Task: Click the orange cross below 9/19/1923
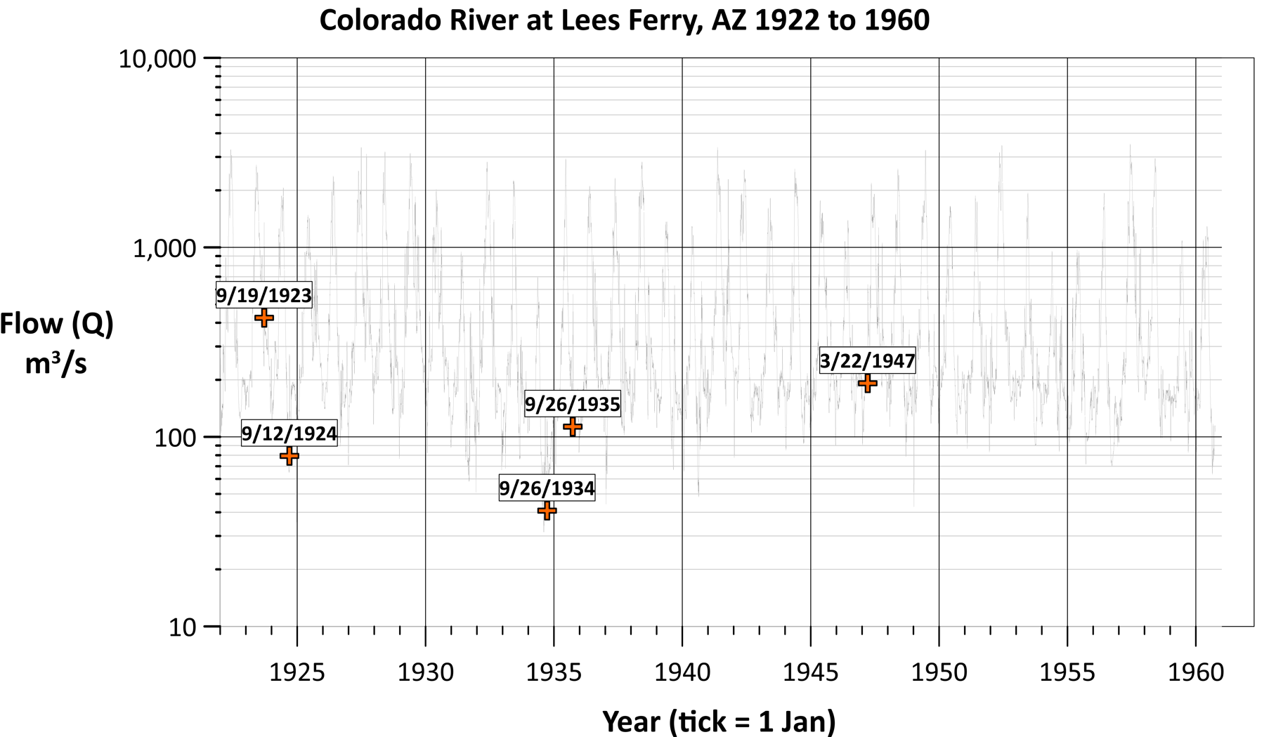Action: click(263, 318)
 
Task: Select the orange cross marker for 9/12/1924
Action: click(289, 456)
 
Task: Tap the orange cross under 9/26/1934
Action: click(547, 511)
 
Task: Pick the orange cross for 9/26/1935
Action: click(573, 426)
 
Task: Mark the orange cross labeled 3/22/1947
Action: click(868, 383)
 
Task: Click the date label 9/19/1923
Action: click(263, 296)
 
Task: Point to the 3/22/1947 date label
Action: click(868, 361)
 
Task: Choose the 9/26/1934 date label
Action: click(547, 488)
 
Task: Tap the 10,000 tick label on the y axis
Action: click(157, 59)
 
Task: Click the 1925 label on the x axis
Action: click(297, 672)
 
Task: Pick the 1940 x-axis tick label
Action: click(682, 672)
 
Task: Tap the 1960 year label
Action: click(1196, 672)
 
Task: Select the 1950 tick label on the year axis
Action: click(939, 672)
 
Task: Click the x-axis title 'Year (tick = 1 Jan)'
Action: click(719, 722)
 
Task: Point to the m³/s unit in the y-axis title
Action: click(56, 364)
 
